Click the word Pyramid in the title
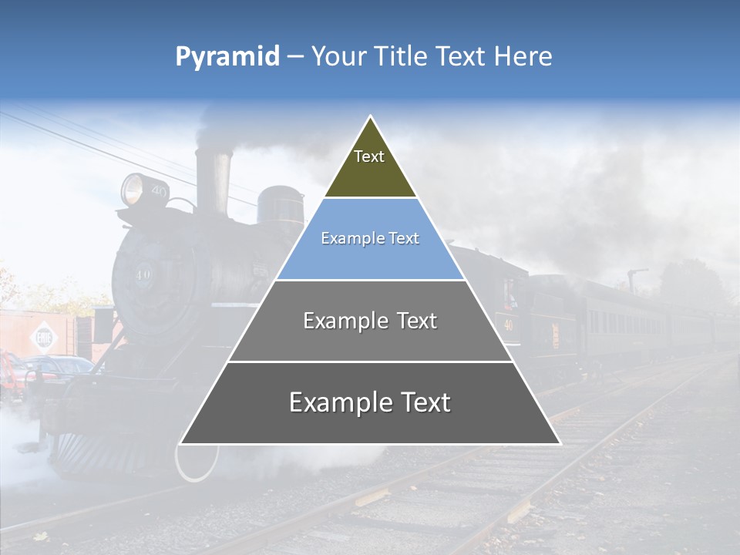pyautogui.click(x=227, y=57)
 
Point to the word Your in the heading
pyautogui.click(x=339, y=57)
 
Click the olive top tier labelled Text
pyautogui.click(x=370, y=166)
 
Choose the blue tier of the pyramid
pyautogui.click(x=370, y=239)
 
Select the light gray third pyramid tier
pyautogui.click(x=370, y=321)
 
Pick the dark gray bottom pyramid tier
pyautogui.click(x=370, y=402)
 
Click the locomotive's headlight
pyautogui.click(x=133, y=188)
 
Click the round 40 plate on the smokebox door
pyautogui.click(x=143, y=274)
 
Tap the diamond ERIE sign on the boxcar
pyautogui.click(x=41, y=337)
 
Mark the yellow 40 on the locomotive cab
pyautogui.click(x=508, y=325)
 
